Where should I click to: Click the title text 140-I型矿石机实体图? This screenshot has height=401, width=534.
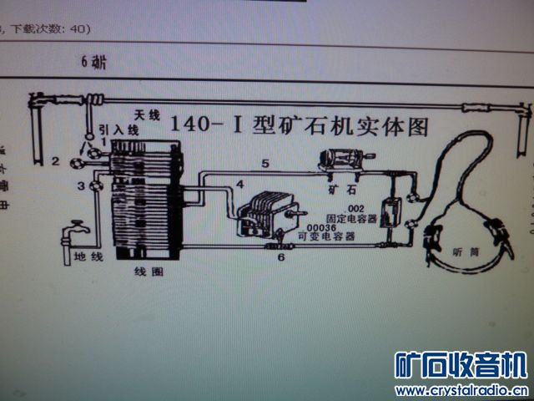300,126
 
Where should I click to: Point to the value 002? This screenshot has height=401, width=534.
356,207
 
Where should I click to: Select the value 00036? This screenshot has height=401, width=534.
320,227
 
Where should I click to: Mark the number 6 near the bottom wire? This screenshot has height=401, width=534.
280,259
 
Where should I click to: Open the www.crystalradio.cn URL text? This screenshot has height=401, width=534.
461,390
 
